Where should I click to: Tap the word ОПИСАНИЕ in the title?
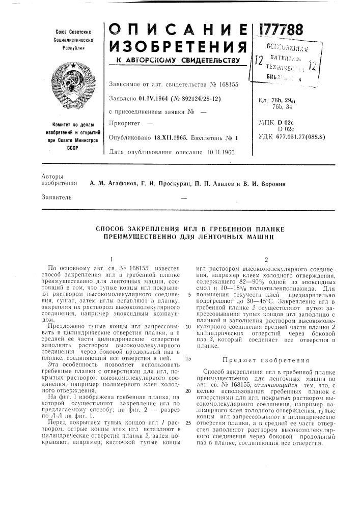click(178, 29)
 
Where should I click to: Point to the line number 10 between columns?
click(188, 326)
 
